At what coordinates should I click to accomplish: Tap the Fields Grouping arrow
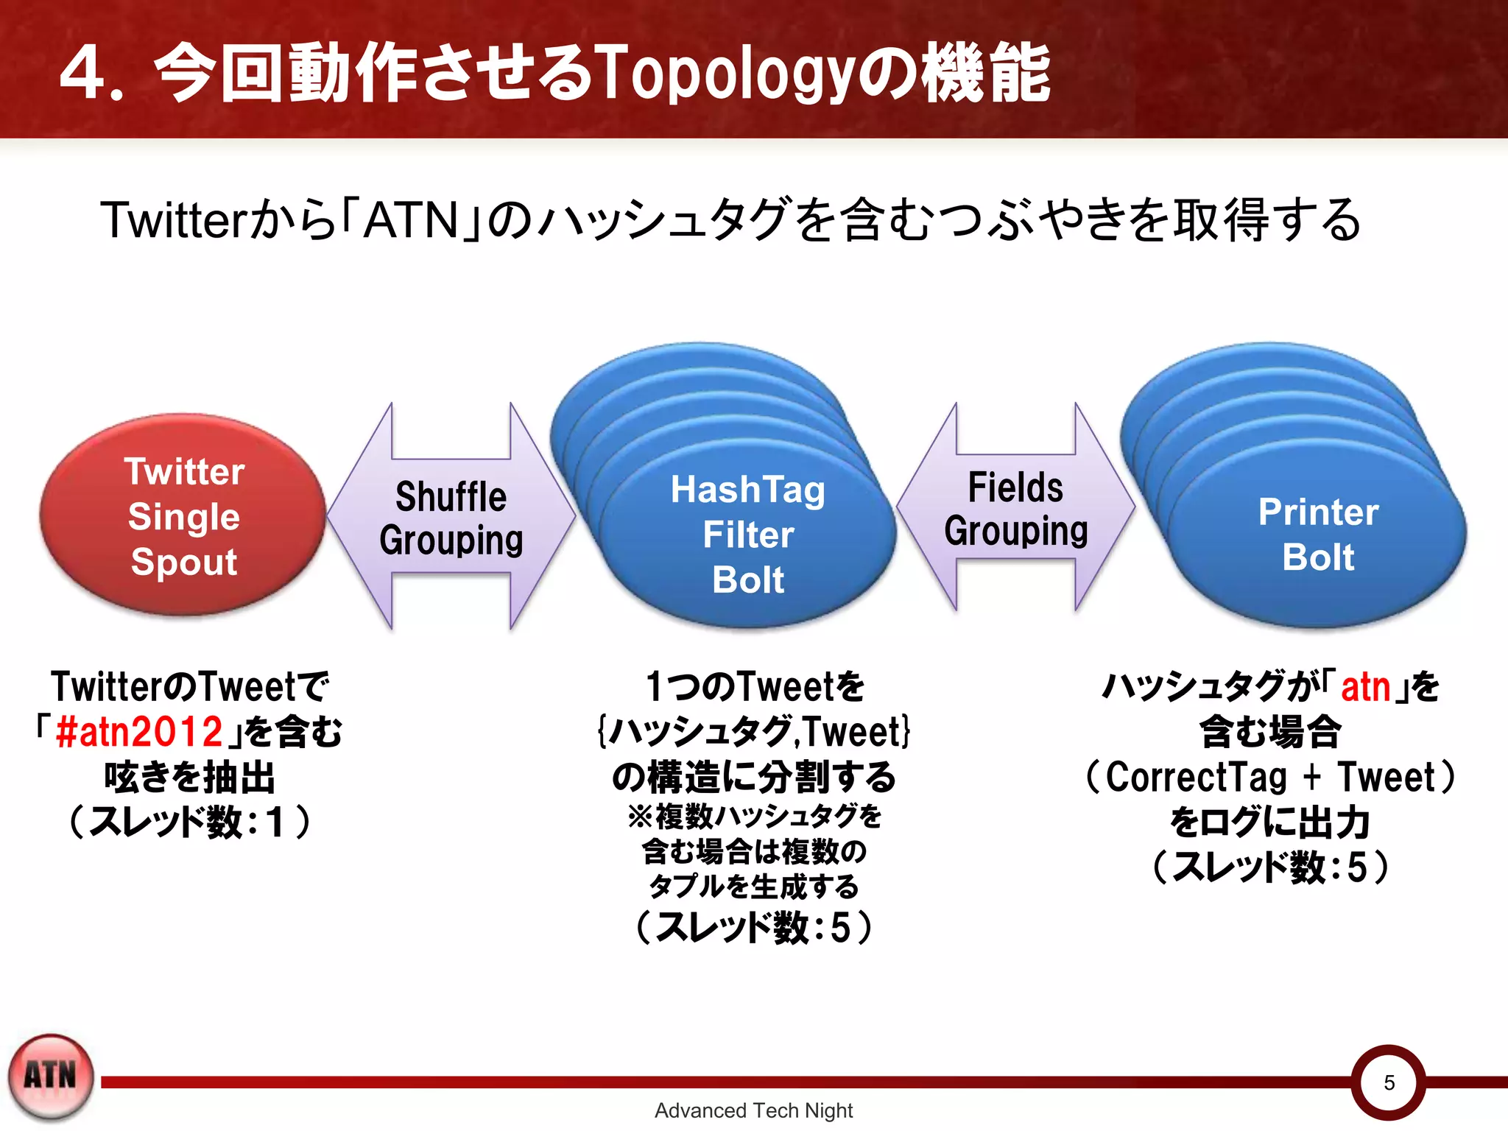click(1016, 508)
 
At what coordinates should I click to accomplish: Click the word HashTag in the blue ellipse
click(747, 490)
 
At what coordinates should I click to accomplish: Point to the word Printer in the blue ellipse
click(1318, 512)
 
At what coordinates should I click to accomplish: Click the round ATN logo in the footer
click(51, 1077)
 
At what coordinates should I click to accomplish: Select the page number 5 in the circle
click(1389, 1082)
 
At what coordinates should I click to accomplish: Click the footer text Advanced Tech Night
click(753, 1110)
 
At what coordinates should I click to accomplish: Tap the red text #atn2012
click(139, 732)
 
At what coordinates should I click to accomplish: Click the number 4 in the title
click(82, 74)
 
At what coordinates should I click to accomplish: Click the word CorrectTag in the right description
click(1196, 777)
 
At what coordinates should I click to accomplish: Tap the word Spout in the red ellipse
click(184, 562)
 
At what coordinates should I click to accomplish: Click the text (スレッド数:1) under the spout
click(189, 822)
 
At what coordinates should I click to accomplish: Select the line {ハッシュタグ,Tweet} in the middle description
click(753, 732)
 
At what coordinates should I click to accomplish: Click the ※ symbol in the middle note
click(639, 817)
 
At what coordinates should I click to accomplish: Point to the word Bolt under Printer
click(1318, 557)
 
